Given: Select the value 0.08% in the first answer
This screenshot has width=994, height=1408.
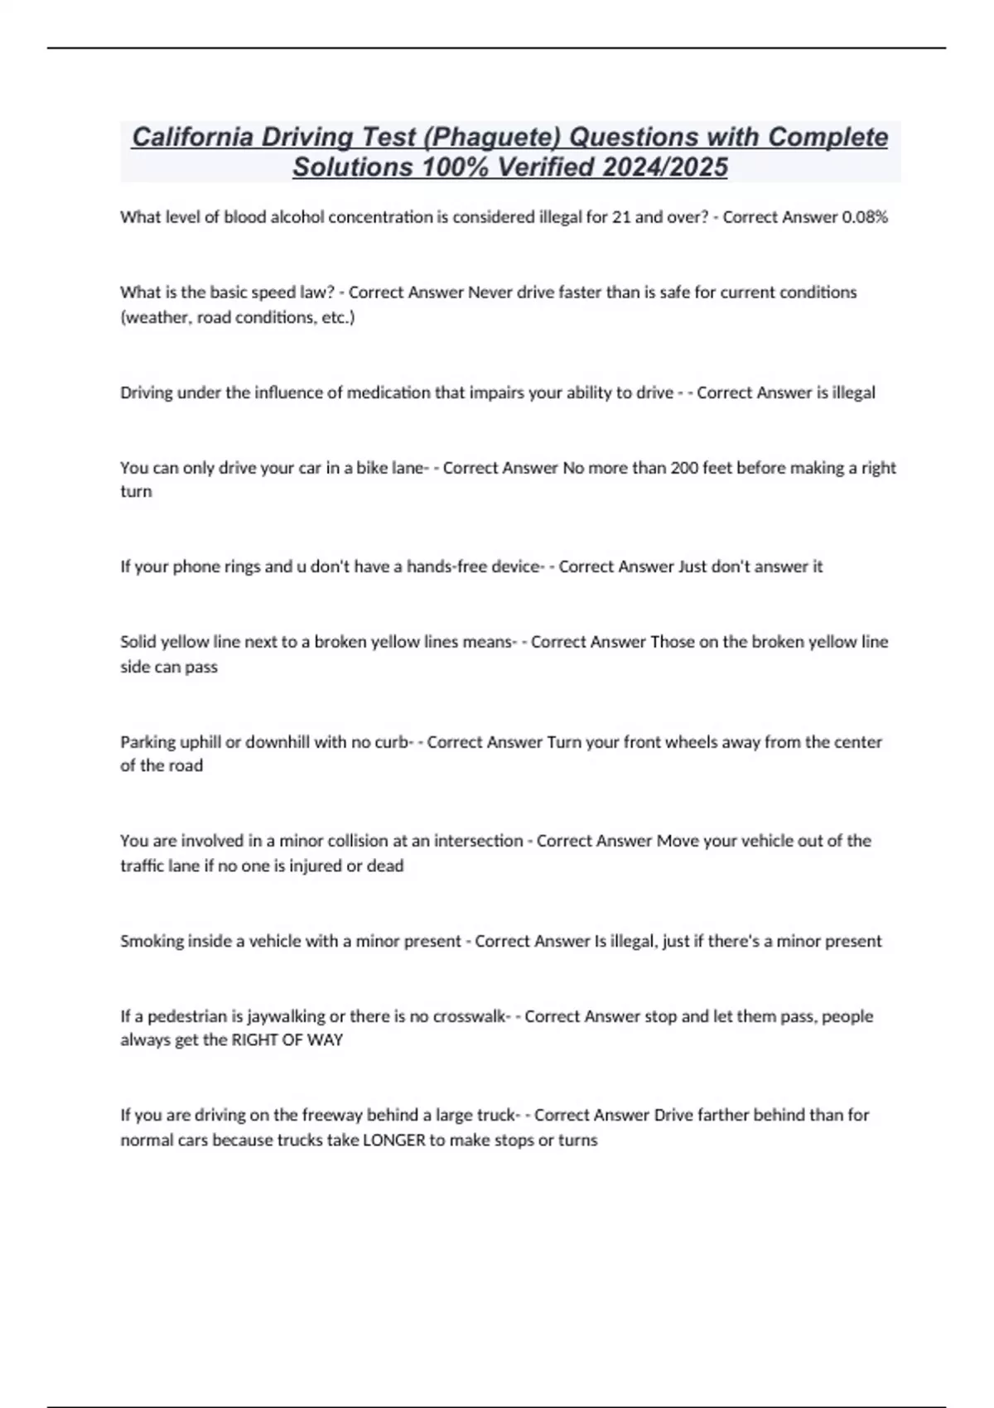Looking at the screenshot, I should pos(865,218).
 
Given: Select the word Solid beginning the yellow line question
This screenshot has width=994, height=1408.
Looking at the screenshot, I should pos(138,642).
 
